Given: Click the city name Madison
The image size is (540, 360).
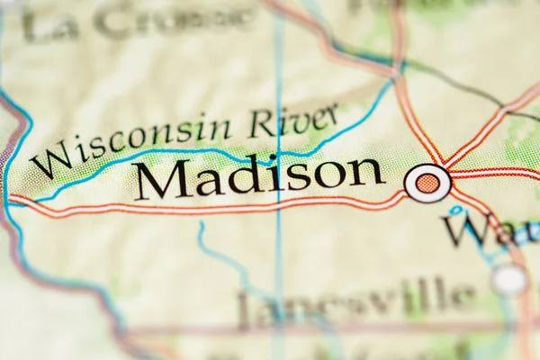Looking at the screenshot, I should (x=259, y=176).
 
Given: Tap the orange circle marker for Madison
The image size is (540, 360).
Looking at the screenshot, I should (x=427, y=184).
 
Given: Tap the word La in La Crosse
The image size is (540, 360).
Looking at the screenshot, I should (x=50, y=25).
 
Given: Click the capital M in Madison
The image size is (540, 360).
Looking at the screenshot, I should (x=162, y=179).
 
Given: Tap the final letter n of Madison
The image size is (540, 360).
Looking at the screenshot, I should (x=367, y=171).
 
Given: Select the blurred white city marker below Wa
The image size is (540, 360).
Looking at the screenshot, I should (x=509, y=279).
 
